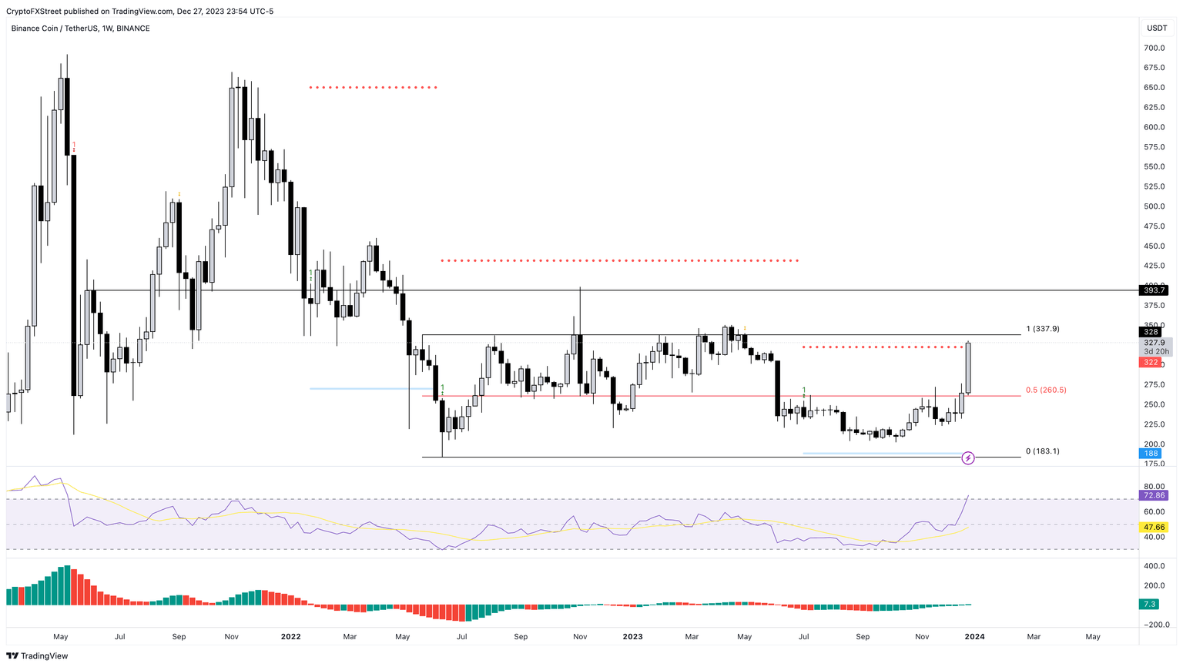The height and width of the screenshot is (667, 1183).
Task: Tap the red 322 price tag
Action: point(1150,362)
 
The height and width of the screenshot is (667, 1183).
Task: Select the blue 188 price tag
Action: point(1150,454)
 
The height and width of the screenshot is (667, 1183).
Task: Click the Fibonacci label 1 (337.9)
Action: point(1042,329)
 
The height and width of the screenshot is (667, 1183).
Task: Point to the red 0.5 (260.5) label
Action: point(1045,390)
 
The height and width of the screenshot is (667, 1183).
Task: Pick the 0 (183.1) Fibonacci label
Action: point(1042,451)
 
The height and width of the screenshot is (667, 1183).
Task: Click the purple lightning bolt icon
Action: point(968,458)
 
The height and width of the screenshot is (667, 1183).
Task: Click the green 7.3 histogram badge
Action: point(1149,605)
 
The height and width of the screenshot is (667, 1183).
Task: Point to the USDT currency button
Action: point(1156,28)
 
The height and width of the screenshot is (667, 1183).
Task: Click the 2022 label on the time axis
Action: point(290,637)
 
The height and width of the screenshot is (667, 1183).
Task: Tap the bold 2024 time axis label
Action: point(974,637)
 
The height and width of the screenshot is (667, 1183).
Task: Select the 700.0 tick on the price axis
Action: point(1154,48)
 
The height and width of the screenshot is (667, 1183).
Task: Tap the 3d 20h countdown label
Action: point(1156,351)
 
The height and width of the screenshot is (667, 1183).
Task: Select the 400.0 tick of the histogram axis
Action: point(1154,566)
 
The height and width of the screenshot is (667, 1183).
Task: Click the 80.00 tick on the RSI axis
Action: point(1154,487)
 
